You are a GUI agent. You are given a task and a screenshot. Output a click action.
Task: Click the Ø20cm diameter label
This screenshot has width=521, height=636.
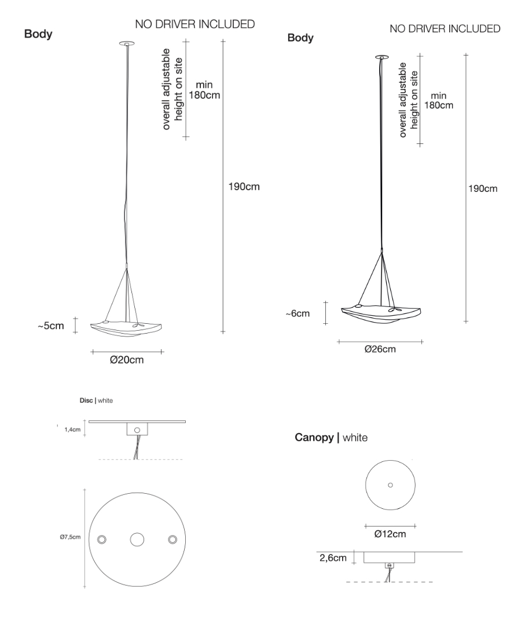click(127, 360)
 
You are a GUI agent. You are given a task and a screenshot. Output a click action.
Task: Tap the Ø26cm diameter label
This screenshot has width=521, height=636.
click(380, 349)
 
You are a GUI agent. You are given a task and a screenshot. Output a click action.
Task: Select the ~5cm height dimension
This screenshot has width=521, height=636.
click(52, 326)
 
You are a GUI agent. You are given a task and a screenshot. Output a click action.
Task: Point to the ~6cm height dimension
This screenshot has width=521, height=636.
click(298, 313)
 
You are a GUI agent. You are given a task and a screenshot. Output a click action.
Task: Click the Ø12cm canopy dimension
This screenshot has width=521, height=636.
click(390, 534)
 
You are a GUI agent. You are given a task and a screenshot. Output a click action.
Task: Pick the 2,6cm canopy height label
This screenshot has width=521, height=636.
click(333, 558)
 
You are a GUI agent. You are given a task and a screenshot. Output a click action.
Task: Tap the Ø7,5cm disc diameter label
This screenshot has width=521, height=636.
click(70, 537)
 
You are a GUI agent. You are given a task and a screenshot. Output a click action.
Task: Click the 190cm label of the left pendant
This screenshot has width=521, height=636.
click(245, 187)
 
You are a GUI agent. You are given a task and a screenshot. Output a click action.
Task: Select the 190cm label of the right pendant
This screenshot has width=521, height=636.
click(483, 188)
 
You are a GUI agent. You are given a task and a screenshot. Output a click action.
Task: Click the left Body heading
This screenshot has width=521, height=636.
click(38, 34)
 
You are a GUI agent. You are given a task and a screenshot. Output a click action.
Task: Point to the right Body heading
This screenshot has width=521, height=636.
click(300, 38)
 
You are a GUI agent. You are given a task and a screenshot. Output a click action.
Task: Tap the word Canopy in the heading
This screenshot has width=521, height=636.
click(315, 438)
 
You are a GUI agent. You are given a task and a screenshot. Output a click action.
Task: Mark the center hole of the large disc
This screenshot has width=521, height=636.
click(137, 539)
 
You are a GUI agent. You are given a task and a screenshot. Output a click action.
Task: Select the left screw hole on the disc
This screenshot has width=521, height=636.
click(102, 539)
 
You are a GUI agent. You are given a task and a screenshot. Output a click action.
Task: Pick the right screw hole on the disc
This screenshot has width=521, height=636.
click(172, 539)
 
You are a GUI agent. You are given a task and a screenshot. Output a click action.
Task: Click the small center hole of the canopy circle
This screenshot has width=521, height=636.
click(390, 485)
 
